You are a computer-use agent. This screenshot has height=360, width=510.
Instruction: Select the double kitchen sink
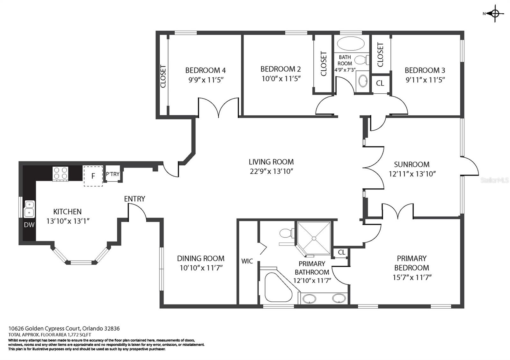pyautogui.click(x=30, y=209)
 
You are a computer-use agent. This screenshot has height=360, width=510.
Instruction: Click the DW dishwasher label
pyautogui.click(x=29, y=225)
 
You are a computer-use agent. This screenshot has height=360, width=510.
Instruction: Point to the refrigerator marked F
pyautogui.click(x=93, y=176)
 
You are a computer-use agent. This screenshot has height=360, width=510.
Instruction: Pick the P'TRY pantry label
pyautogui.click(x=113, y=174)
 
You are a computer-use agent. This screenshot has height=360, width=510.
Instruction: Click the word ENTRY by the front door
pyautogui.click(x=135, y=199)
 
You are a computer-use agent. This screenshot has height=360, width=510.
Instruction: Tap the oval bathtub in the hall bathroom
pyautogui.click(x=351, y=43)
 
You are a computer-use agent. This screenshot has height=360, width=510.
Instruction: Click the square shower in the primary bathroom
pyautogui.click(x=314, y=238)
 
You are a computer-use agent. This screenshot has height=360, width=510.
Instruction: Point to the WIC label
pyautogui.click(x=247, y=261)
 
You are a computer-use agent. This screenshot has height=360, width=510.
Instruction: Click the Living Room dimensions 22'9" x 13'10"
pyautogui.click(x=271, y=171)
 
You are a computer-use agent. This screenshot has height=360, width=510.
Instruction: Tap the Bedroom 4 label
pyautogui.click(x=205, y=70)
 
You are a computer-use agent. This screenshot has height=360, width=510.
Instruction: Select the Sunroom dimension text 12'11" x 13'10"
pyautogui.click(x=412, y=174)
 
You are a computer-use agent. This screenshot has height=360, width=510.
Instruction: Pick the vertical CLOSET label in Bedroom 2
pyautogui.click(x=324, y=64)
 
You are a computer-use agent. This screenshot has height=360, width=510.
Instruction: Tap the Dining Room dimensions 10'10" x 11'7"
pyautogui.click(x=201, y=268)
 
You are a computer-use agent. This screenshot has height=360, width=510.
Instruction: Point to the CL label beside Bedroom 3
pyautogui.click(x=380, y=83)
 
